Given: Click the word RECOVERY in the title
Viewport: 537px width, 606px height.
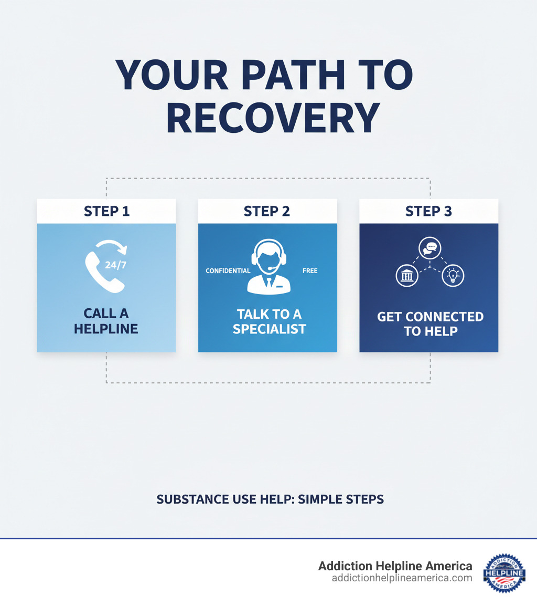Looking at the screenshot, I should click(273, 119).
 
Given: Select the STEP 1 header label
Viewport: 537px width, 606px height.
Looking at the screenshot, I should click(106, 211).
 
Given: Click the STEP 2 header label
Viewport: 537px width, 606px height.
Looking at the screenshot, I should click(267, 211).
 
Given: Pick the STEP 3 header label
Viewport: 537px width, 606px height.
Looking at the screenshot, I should click(428, 211).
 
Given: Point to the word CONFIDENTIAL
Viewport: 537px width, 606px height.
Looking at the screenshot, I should click(228, 271).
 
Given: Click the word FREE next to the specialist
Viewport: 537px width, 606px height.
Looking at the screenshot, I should click(310, 271).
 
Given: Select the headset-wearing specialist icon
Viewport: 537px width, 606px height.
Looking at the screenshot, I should click(267, 267).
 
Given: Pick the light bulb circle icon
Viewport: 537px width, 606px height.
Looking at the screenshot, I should click(453, 276).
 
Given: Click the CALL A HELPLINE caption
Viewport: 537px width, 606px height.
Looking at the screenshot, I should click(106, 321).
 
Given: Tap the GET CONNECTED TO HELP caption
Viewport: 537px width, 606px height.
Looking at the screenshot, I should click(430, 323).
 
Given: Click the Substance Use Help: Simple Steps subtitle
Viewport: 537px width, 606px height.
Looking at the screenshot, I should click(270, 499).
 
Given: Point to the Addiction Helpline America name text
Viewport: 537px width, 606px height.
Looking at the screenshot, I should click(395, 566).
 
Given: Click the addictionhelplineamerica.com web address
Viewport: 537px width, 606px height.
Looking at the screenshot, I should click(402, 578).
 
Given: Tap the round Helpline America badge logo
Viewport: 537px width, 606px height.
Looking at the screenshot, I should click(504, 573).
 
